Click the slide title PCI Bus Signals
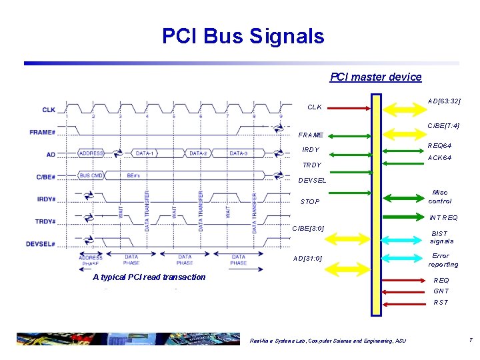(x=243, y=35)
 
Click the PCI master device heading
(x=376, y=77)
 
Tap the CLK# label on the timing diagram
(x=49, y=110)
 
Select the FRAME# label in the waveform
(x=42, y=132)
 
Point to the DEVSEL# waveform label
(x=41, y=244)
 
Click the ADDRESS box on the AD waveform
(x=91, y=153)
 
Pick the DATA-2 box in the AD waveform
(x=198, y=153)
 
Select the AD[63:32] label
(x=445, y=101)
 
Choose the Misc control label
(x=439, y=196)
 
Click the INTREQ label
(x=443, y=218)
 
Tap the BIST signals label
(x=442, y=237)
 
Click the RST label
(x=441, y=303)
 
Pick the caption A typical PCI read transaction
(x=149, y=277)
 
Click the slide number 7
(x=470, y=341)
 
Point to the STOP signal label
(x=310, y=202)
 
